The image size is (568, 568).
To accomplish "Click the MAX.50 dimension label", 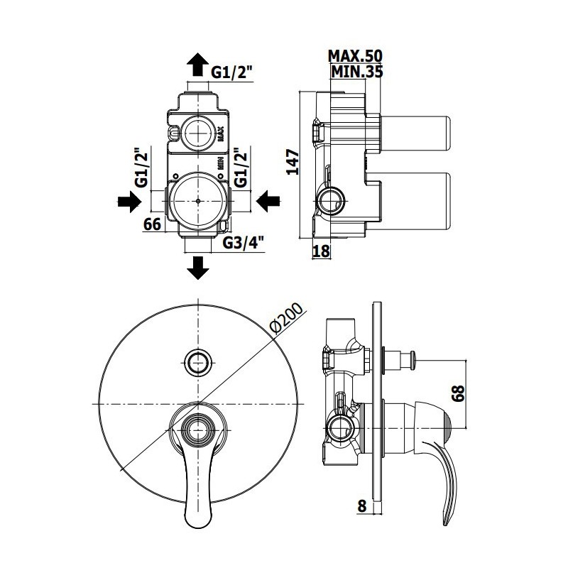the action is (x=355, y=56).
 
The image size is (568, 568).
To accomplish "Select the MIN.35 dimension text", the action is (x=357, y=72).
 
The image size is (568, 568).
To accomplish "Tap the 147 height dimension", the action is (x=293, y=162).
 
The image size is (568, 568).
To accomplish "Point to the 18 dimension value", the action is (x=321, y=251).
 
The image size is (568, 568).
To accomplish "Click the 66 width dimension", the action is (x=152, y=224).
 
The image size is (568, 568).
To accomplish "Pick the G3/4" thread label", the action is (x=244, y=243).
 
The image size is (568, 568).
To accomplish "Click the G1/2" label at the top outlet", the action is (x=231, y=73).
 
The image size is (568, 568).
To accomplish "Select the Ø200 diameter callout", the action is (x=287, y=317).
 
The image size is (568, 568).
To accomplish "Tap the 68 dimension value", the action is (x=458, y=393).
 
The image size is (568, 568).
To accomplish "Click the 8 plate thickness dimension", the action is (x=362, y=506).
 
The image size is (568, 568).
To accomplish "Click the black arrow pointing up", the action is (x=198, y=64).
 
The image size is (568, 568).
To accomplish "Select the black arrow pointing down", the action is (x=198, y=268).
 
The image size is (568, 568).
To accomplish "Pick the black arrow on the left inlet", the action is (x=129, y=201).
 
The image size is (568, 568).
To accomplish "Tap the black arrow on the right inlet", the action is (x=268, y=201).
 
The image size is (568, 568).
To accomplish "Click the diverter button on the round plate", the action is (x=198, y=362).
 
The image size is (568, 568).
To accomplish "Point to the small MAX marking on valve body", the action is (x=221, y=133).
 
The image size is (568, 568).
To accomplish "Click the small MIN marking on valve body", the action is (x=220, y=163).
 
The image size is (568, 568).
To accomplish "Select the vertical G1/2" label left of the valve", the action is (x=141, y=168).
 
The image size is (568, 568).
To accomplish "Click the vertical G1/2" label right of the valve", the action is (x=241, y=168).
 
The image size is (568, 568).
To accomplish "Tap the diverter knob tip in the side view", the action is (x=413, y=360).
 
